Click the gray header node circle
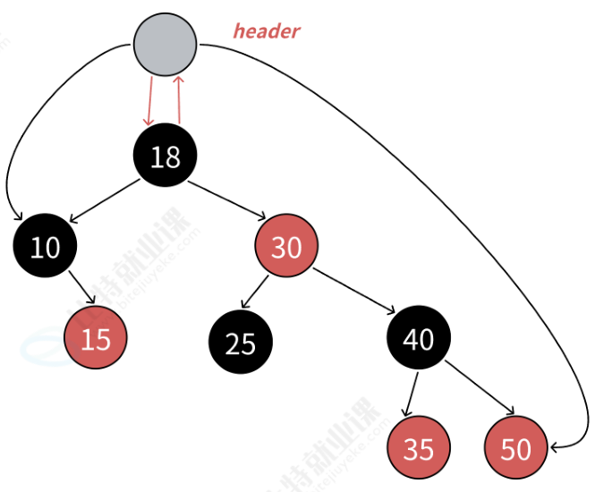click(165, 44)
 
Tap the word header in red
click(267, 31)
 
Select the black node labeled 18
click(165, 157)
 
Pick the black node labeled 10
click(45, 246)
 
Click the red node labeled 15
click(96, 338)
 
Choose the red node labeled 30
click(286, 246)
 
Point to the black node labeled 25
click(241, 343)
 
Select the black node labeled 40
click(418, 339)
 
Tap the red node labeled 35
click(418, 448)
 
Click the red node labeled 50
click(516, 448)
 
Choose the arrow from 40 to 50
click(480, 390)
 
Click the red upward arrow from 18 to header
click(179, 100)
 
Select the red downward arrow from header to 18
click(149, 101)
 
